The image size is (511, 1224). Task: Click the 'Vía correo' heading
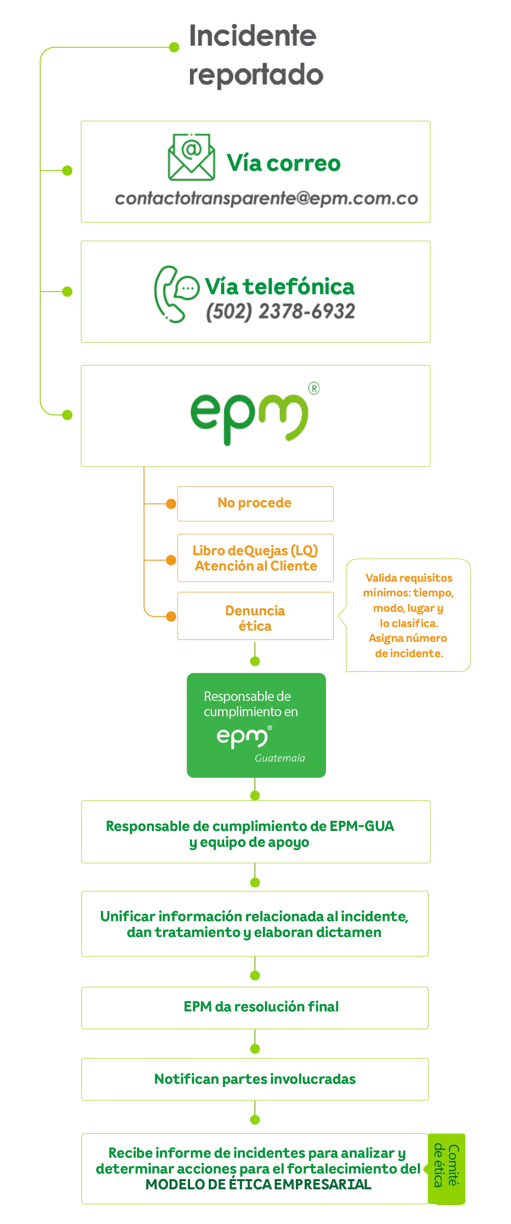tap(284, 164)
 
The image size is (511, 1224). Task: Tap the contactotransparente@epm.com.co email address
tap(267, 199)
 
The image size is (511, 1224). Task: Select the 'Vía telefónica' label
tap(279, 287)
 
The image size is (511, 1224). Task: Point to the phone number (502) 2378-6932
tap(281, 311)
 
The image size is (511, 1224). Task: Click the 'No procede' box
tap(255, 503)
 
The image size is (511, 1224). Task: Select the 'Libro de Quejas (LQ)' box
tap(255, 558)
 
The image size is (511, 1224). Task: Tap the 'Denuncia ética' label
tap(255, 618)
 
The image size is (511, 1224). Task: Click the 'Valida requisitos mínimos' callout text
tap(408, 615)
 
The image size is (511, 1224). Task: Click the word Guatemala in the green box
tap(280, 758)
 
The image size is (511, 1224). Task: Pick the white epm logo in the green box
tap(243, 737)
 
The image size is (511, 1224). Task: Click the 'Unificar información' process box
tap(255, 924)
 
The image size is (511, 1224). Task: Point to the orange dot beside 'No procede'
tap(171, 504)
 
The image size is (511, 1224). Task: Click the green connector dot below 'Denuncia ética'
tap(255, 662)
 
